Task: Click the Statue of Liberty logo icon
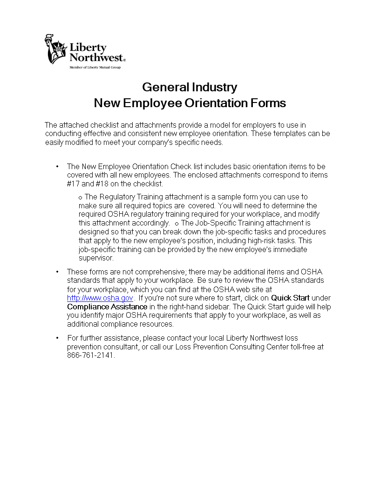pyautogui.click(x=55, y=49)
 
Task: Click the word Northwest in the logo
pyautogui.click(x=96, y=57)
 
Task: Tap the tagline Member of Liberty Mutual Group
pyautogui.click(x=95, y=68)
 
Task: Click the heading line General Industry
pyautogui.click(x=190, y=87)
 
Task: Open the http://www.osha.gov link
pyautogui.click(x=100, y=298)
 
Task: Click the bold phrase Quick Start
pyautogui.click(x=290, y=298)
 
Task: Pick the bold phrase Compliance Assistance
pyautogui.click(x=107, y=307)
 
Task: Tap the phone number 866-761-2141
pyautogui.click(x=90, y=355)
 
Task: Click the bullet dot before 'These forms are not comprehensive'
pyautogui.click(x=57, y=272)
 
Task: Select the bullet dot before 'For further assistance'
pyautogui.click(x=57, y=338)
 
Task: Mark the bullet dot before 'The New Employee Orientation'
pyautogui.click(x=57, y=166)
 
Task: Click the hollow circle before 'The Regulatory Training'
pyautogui.click(x=81, y=198)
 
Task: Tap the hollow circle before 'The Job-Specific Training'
pyautogui.click(x=176, y=224)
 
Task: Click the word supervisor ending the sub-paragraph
pyautogui.click(x=95, y=258)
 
